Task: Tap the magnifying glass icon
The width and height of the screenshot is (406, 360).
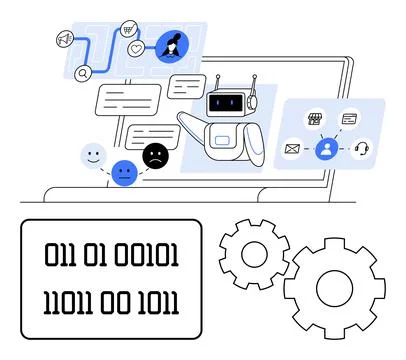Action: [x=82, y=72]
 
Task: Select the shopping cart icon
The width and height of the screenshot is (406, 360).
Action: [x=129, y=29]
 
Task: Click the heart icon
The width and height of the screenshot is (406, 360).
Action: [x=136, y=48]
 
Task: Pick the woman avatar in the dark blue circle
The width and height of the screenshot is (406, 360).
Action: [x=171, y=45]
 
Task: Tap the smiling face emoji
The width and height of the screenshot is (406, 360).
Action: [x=93, y=155]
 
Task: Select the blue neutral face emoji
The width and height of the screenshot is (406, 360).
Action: [x=124, y=173]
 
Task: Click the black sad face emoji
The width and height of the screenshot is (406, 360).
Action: [x=155, y=155]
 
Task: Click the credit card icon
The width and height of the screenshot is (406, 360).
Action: [x=349, y=119]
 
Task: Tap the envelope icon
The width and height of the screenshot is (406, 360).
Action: [x=292, y=149]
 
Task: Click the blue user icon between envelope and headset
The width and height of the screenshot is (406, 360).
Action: [x=325, y=149]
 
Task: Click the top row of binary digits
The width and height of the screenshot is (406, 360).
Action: [x=111, y=255]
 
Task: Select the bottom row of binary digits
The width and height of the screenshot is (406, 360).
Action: [x=111, y=300]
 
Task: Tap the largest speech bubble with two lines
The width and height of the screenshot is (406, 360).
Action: [x=127, y=99]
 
